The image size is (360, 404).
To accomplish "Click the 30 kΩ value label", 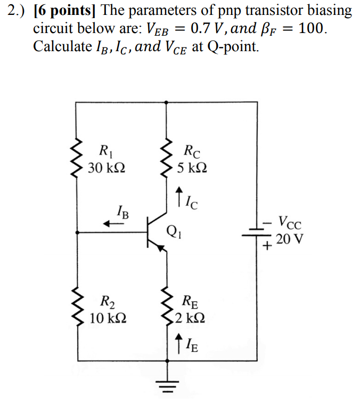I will coord(107,168).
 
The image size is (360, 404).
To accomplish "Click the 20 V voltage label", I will coord(290,238).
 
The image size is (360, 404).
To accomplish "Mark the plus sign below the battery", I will coord(266,247).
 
